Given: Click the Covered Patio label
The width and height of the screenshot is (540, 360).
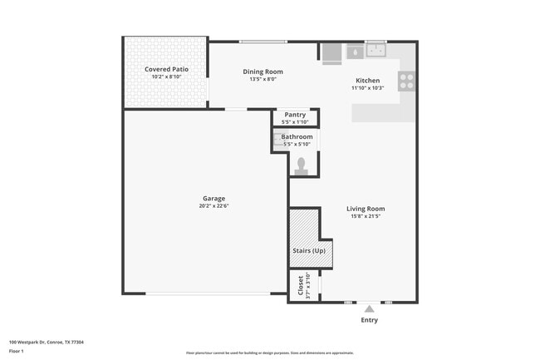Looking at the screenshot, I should click(164, 69).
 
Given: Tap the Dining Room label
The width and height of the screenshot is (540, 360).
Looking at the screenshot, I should click(263, 72).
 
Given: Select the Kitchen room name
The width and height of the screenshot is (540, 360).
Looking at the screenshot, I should click(368, 81).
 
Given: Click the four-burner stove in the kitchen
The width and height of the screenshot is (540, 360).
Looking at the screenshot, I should click(406, 81).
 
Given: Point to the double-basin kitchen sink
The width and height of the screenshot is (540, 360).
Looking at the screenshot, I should click(376, 50).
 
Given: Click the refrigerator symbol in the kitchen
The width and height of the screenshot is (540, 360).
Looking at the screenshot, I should click(331, 52).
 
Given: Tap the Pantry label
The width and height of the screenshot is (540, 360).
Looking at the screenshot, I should click(295, 115).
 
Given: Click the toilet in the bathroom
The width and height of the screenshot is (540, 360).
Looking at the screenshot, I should click(300, 165).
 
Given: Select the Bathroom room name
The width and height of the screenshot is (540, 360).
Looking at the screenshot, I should click(297, 136).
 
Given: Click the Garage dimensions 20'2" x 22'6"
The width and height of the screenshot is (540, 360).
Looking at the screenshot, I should click(214, 207).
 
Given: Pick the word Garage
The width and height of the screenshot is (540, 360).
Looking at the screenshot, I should click(214, 199).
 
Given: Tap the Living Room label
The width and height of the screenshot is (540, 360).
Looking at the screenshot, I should click(366, 209).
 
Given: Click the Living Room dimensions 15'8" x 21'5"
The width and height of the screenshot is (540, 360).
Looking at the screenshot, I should click(366, 217).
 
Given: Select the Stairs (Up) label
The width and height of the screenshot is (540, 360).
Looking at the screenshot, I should click(308, 251).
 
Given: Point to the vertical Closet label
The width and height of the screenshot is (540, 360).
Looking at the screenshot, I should click(300, 285).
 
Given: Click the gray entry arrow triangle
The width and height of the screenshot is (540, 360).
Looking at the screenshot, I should click(369, 308).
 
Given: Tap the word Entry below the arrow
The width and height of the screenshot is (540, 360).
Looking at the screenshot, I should click(369, 320).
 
